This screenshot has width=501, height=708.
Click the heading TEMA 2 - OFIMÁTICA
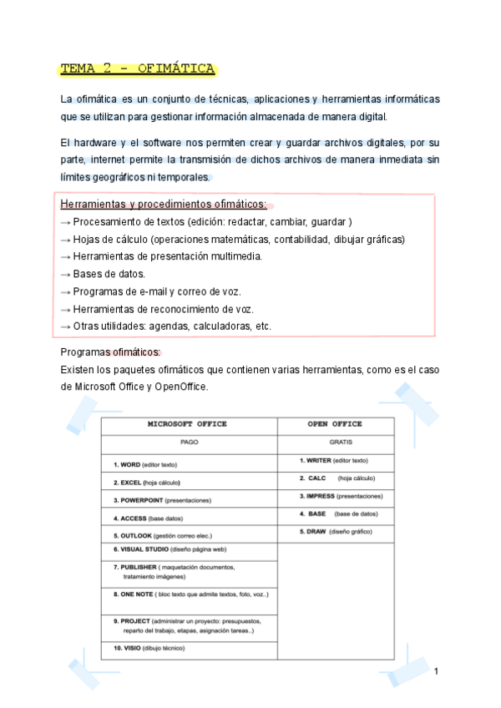point(138,68)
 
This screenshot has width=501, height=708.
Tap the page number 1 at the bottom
point(436,671)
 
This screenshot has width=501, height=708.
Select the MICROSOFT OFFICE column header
point(187,424)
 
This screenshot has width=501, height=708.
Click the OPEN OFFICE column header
point(334,424)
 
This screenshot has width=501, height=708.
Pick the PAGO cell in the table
point(189,442)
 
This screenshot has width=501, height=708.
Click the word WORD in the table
point(130,464)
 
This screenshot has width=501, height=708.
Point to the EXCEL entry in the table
point(131,482)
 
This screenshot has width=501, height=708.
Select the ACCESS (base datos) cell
point(149,518)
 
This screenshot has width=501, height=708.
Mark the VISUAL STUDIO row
point(170,549)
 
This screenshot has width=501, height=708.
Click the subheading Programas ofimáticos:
point(111,352)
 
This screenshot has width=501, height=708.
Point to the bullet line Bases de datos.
point(98,274)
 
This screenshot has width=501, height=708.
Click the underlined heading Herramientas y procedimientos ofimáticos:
point(164,205)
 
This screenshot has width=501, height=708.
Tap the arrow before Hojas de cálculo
point(66,240)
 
